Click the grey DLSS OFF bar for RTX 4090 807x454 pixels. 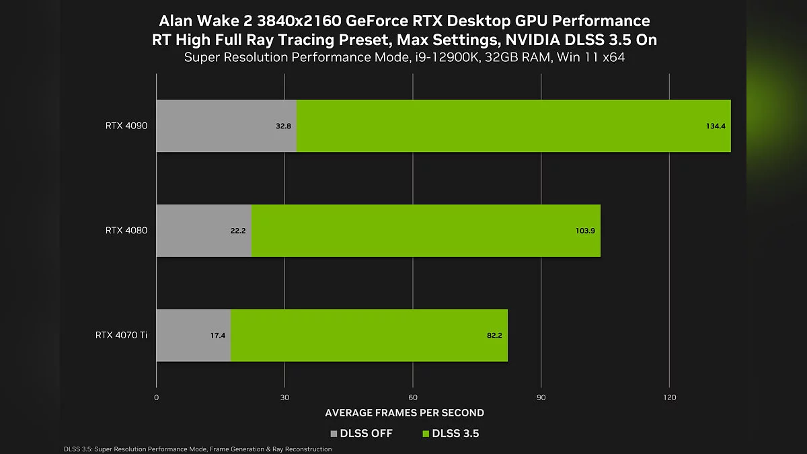pos(215,126)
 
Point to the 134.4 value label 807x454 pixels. pos(716,126)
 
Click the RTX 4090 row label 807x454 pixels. pos(126,126)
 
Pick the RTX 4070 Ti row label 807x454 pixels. pos(122,336)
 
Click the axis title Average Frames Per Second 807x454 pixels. pos(404,412)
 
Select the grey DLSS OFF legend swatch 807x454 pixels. pos(334,434)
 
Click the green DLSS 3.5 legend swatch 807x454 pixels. pos(425,434)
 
